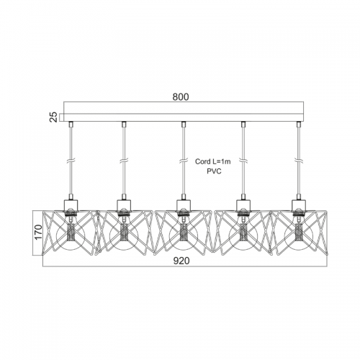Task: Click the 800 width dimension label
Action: (x=181, y=96)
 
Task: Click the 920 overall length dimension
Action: (x=181, y=261)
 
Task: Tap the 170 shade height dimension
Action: (x=38, y=232)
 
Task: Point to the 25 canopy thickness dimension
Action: (x=55, y=117)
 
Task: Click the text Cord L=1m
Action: (x=213, y=161)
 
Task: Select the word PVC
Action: (x=214, y=171)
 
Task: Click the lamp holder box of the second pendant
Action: (x=124, y=205)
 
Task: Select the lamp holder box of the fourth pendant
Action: (x=243, y=205)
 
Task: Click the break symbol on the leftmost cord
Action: (x=71, y=161)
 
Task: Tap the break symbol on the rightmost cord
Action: (x=299, y=161)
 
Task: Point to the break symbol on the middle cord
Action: (x=184, y=161)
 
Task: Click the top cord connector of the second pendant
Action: (x=124, y=125)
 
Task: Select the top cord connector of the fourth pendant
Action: (x=243, y=125)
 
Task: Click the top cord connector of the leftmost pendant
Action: (x=71, y=125)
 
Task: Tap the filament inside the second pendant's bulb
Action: (x=124, y=233)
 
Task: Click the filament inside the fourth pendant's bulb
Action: (x=243, y=233)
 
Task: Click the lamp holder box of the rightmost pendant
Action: (x=299, y=205)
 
